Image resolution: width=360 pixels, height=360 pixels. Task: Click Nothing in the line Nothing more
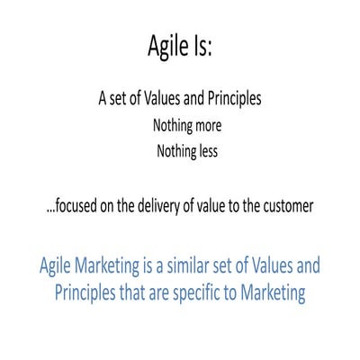(x=167, y=126)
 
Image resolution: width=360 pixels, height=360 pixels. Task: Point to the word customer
(x=285, y=205)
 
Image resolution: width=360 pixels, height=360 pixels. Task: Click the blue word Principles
(x=91, y=292)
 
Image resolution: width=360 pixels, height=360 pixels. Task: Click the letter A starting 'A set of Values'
(x=103, y=99)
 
